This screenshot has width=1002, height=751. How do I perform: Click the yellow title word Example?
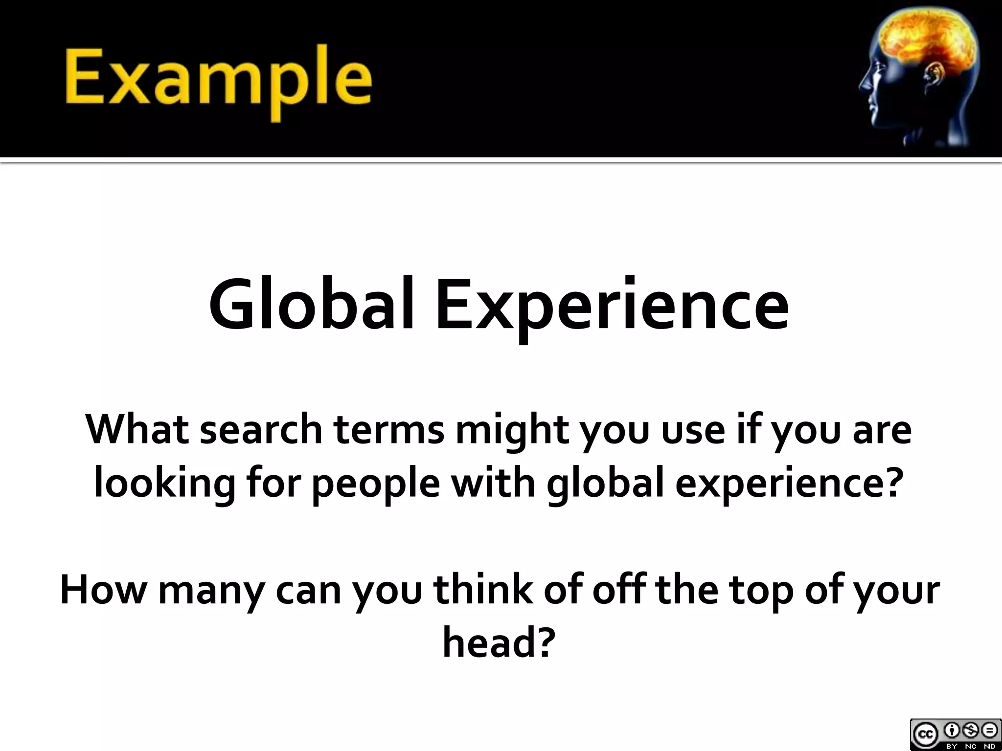point(218,81)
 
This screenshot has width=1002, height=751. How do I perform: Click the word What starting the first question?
point(137,429)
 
